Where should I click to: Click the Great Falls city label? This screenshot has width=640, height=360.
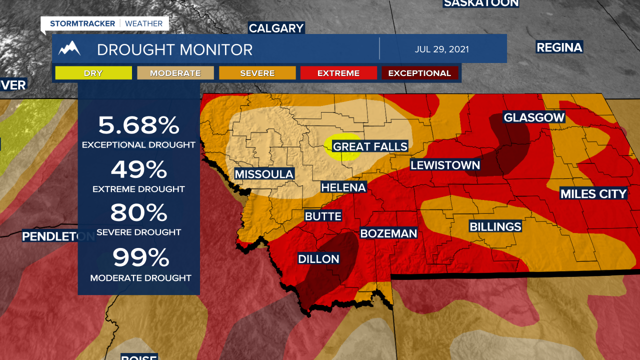(370, 146)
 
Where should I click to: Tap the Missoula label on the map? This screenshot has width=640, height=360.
(264, 174)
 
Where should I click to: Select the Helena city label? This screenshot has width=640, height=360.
(343, 187)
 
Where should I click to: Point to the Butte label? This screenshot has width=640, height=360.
(323, 216)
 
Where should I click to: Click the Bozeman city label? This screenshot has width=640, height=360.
(388, 233)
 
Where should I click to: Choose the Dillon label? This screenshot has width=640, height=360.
(318, 259)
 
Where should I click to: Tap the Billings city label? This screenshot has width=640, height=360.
(495, 227)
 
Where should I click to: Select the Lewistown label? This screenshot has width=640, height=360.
(445, 165)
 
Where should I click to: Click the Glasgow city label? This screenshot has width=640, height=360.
(534, 117)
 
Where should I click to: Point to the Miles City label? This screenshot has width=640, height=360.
(593, 194)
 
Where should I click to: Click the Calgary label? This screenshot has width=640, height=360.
(276, 28)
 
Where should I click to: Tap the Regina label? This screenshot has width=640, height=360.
(559, 47)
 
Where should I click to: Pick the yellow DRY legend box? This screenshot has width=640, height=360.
(93, 73)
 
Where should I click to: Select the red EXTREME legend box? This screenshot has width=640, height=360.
(338, 73)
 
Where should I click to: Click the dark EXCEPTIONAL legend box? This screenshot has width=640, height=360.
(419, 73)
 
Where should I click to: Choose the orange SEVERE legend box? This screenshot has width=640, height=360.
(257, 73)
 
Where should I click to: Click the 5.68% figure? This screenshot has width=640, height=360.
(138, 125)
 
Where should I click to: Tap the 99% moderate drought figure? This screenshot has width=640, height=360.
(140, 257)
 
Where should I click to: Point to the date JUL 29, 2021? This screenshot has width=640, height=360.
(441, 49)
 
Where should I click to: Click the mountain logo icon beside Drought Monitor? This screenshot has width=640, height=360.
(69, 49)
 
